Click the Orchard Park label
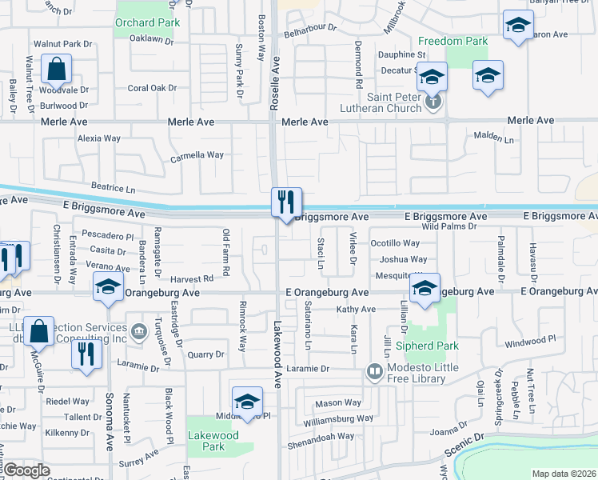click(146, 22)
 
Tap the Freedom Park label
click(453, 40)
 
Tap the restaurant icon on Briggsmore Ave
click(286, 202)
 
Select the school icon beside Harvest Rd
click(107, 288)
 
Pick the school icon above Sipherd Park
click(425, 288)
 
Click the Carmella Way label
click(197, 155)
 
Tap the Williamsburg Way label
click(338, 418)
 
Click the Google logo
click(27, 470)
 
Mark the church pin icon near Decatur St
click(433, 102)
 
